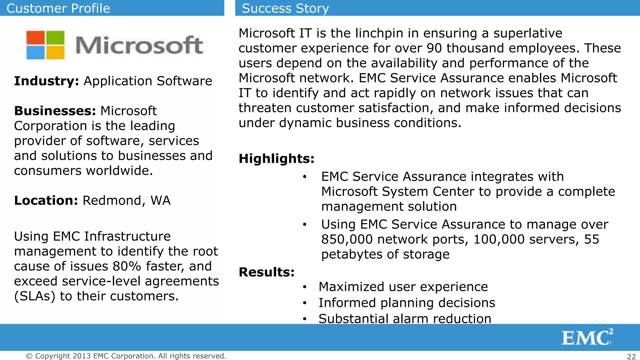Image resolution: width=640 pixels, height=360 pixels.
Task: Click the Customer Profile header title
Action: (58, 8)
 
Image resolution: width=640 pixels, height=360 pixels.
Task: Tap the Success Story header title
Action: (285, 8)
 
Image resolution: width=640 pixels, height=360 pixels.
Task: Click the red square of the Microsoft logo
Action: (36, 38)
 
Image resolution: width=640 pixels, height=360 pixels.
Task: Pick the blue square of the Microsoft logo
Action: (36, 52)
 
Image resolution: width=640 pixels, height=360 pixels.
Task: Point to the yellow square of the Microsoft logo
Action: (55, 52)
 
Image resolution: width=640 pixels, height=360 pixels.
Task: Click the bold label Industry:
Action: (47, 81)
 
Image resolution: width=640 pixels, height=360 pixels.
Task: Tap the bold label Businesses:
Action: (55, 111)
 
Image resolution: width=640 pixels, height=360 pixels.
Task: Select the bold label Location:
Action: (46, 200)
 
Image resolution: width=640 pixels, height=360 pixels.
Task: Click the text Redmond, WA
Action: (127, 200)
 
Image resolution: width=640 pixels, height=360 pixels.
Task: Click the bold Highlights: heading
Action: (276, 159)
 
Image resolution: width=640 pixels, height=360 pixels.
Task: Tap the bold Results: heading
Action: (267, 272)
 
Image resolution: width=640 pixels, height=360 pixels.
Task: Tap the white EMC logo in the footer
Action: (587, 337)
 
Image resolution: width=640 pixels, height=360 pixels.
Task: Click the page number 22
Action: (631, 357)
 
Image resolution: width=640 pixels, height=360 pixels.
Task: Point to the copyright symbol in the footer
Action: (29, 356)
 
